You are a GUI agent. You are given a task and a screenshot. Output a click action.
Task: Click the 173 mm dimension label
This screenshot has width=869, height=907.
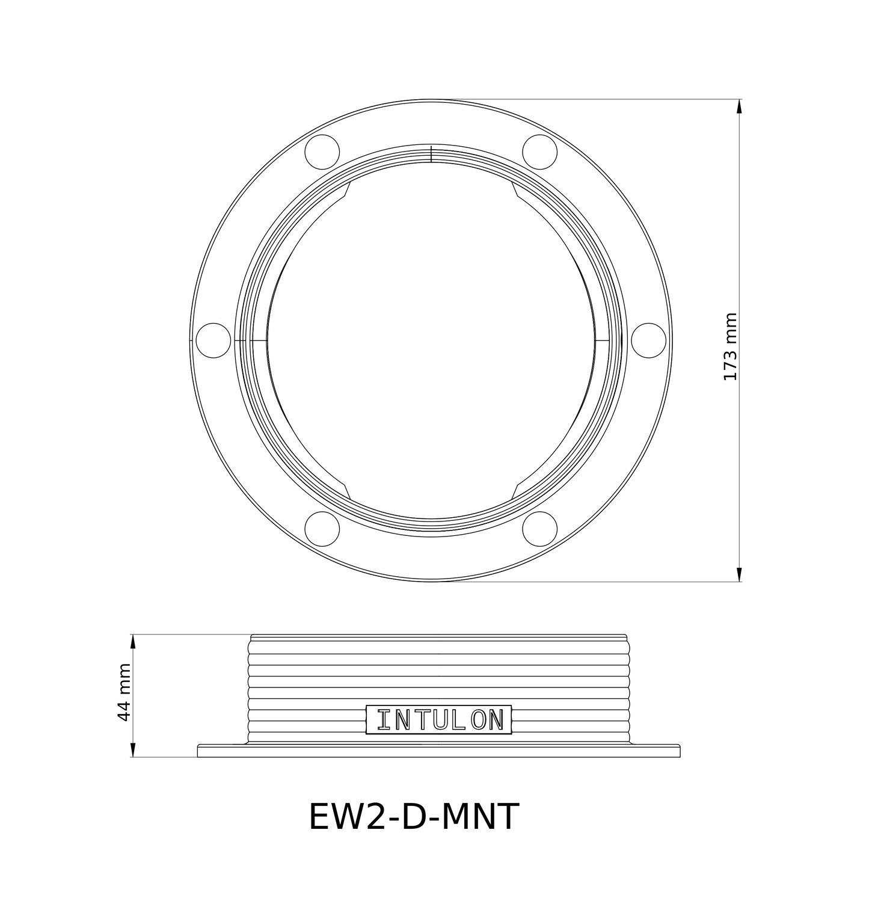[x=729, y=346]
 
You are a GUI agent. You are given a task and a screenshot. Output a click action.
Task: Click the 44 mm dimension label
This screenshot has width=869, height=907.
[x=123, y=692]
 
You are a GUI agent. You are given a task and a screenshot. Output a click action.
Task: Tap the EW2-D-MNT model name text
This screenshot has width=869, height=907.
[x=413, y=817]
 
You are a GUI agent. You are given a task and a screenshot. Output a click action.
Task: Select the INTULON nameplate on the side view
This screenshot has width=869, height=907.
[x=439, y=720]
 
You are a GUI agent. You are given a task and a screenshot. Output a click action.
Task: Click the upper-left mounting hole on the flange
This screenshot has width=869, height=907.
[x=322, y=152]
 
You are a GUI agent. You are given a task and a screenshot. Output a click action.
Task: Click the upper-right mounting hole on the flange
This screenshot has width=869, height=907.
[x=539, y=152]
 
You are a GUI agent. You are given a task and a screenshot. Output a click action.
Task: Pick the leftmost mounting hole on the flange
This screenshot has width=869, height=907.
[x=213, y=340]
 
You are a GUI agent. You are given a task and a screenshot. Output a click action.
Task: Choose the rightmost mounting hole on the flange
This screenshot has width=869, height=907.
[x=648, y=340]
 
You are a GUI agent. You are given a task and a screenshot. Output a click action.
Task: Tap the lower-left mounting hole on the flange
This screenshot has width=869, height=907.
[x=322, y=528]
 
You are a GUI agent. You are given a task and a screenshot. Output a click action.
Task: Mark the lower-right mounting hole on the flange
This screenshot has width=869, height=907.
[x=539, y=528]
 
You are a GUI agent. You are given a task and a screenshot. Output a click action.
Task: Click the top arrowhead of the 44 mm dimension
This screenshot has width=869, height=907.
[x=133, y=641]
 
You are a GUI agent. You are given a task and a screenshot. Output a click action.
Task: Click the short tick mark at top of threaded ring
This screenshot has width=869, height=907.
[x=431, y=154]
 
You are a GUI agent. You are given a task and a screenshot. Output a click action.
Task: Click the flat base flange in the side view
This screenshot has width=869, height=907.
[x=439, y=751]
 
